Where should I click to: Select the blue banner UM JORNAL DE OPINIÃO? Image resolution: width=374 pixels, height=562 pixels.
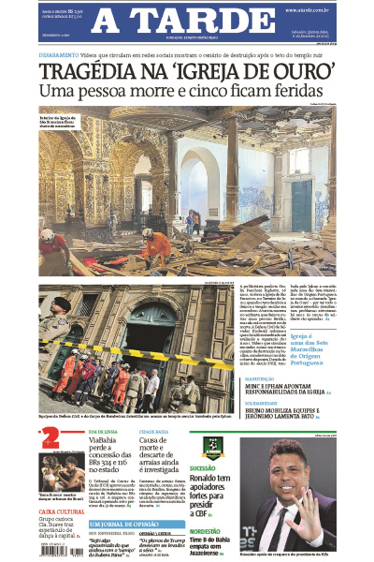click(137, 525)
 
